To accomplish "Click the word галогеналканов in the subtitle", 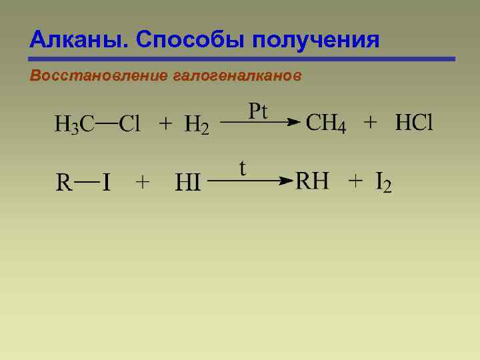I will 237,76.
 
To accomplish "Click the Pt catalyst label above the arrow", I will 257,110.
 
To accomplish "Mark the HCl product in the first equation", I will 414,123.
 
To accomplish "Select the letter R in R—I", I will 64,182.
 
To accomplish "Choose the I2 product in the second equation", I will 383,182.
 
